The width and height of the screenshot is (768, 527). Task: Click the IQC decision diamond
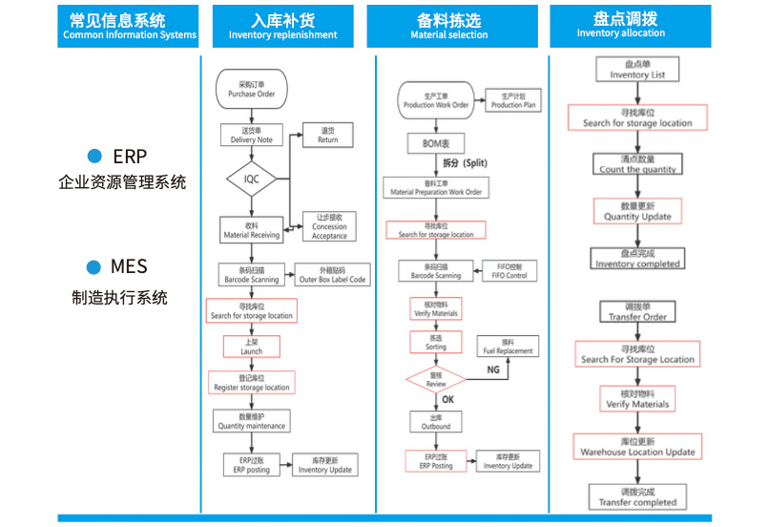(x=251, y=179)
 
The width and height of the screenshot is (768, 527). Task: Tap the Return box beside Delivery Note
(x=327, y=135)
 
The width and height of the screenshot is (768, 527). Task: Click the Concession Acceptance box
(x=329, y=226)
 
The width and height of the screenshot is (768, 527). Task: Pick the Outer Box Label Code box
(x=331, y=274)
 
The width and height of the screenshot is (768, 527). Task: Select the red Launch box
(x=251, y=346)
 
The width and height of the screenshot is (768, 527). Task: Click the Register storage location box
(x=251, y=382)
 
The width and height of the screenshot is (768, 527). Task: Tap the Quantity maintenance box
(x=251, y=421)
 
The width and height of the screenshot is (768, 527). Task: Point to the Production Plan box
(x=513, y=100)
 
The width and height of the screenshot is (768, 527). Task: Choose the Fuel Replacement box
(x=508, y=346)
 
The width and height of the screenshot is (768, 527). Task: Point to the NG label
(x=492, y=369)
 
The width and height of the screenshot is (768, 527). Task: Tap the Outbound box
(x=435, y=421)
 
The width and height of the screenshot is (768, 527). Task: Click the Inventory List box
(x=637, y=70)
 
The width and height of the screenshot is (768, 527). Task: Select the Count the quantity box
(x=637, y=164)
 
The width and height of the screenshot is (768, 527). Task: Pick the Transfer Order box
(x=637, y=312)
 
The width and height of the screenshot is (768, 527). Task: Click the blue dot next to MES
(x=93, y=266)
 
